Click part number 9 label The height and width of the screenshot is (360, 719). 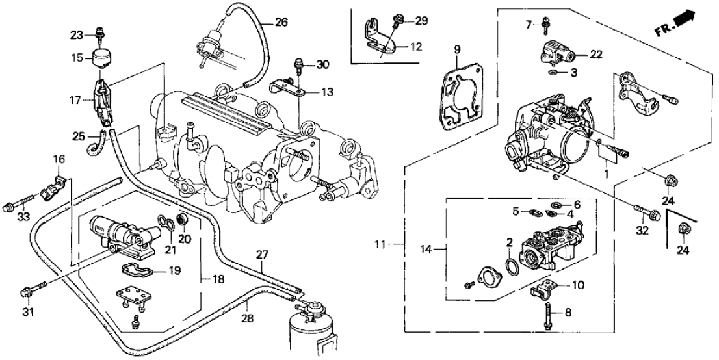click(456, 49)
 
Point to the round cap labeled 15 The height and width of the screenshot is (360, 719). click(101, 57)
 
